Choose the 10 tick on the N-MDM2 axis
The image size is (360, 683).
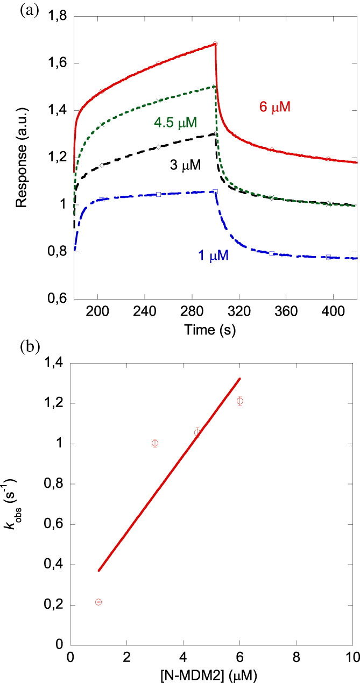pos(352,658)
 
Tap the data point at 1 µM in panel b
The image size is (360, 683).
pos(98,602)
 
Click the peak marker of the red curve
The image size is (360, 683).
pos(215,44)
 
